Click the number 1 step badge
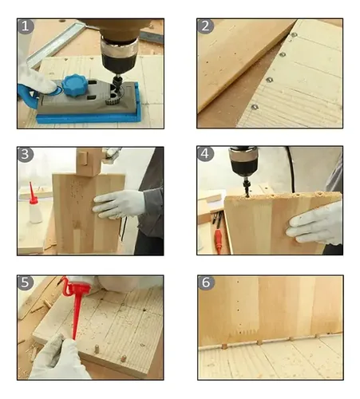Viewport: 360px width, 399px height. (x=25, y=26)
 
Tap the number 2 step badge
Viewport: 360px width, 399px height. (x=205, y=26)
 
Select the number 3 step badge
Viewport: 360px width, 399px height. (x=25, y=154)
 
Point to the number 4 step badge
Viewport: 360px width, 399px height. (x=205, y=153)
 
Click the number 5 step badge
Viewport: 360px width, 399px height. (x=25, y=282)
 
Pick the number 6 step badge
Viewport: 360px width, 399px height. (x=206, y=282)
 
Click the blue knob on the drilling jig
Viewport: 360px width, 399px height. (x=74, y=84)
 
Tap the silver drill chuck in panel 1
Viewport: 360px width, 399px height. (x=119, y=48)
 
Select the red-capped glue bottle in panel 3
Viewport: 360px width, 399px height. (x=34, y=205)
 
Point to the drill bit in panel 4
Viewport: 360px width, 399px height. (x=246, y=188)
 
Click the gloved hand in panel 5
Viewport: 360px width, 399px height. (x=58, y=358)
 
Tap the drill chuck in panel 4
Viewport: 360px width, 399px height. (x=243, y=162)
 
